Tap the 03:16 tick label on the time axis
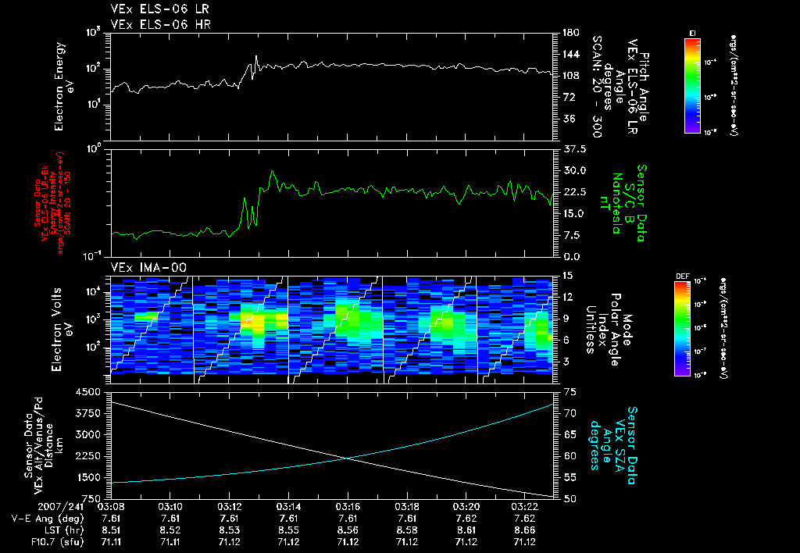[348, 507]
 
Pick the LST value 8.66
[524, 529]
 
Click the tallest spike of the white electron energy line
[256, 56]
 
